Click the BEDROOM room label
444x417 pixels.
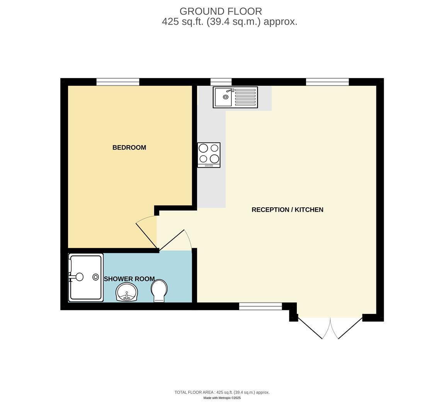tap(129, 147)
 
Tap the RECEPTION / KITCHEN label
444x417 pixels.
tap(287, 210)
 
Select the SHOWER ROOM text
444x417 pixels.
tap(129, 279)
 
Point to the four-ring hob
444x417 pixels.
tap(209, 154)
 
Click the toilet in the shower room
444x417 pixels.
tap(159, 291)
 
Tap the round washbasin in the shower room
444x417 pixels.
tap(126, 292)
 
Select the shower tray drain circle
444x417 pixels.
tap(95, 277)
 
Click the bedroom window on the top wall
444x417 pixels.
tap(117, 82)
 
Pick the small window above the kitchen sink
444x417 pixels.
tap(221, 82)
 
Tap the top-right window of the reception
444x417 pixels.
tap(327, 82)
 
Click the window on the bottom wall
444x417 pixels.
tap(260, 306)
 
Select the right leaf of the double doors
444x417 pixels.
tap(350, 328)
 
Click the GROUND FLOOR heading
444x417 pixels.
tap(221, 12)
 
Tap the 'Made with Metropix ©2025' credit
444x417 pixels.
tap(222, 398)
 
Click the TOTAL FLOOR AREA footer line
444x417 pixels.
tap(222, 392)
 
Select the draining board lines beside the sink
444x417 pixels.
tap(245, 97)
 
